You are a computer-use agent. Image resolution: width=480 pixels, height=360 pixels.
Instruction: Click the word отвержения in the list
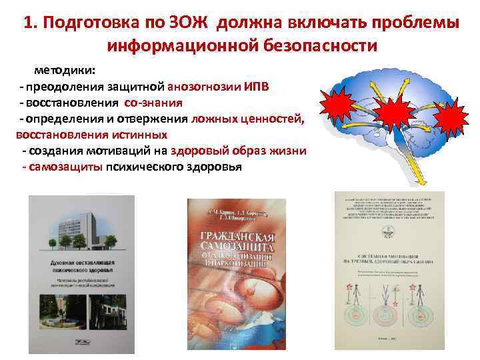pyautogui.click(x=158, y=119)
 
